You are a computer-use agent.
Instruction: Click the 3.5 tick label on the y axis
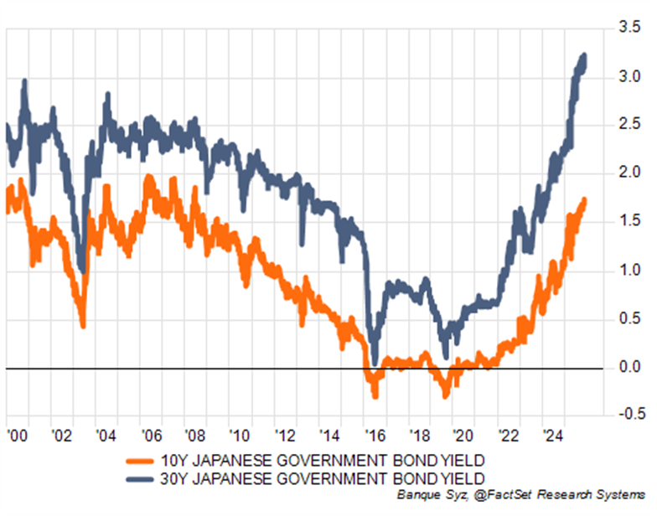630,28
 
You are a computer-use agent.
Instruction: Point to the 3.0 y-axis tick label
630,78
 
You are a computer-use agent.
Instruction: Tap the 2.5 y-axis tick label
630,126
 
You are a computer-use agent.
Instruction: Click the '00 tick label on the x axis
14,436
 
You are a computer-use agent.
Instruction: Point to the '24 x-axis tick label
553,436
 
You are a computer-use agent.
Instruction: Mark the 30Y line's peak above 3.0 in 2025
583,56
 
